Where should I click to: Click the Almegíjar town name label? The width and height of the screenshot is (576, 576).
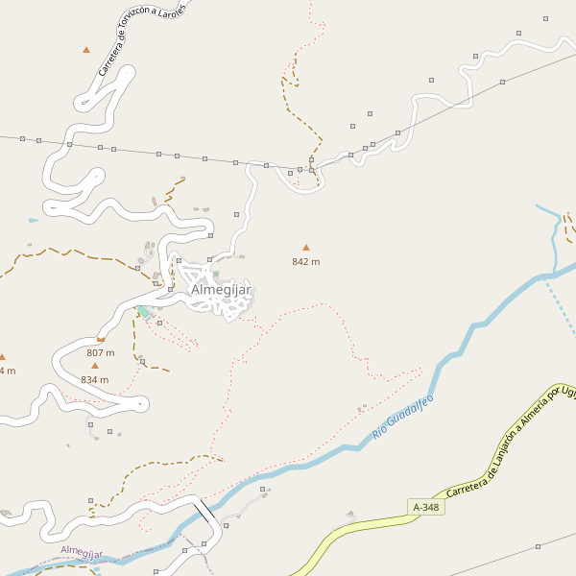point(221,289)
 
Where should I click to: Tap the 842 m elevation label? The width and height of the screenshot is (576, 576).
point(306,261)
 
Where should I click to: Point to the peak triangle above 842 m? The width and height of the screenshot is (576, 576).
point(306,248)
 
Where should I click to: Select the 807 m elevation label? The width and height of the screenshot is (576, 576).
point(100,352)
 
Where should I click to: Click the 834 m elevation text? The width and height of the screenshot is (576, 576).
point(95,379)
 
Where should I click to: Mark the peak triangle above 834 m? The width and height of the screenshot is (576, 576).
point(95,366)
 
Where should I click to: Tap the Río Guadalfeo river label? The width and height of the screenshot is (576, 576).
point(403,418)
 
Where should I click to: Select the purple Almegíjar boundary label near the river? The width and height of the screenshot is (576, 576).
point(81,553)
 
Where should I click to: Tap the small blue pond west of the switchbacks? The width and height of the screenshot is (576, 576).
point(34,221)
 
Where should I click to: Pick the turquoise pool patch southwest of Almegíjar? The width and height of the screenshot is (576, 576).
point(143,312)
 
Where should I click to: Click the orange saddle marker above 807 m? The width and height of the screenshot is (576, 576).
point(101,339)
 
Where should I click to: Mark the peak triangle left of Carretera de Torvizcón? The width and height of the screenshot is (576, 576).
point(86,49)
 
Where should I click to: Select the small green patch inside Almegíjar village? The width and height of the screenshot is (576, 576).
point(216,274)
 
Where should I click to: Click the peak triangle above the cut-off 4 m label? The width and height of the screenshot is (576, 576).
point(2,356)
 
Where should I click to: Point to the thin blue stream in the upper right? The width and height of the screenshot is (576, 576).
point(555,240)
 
